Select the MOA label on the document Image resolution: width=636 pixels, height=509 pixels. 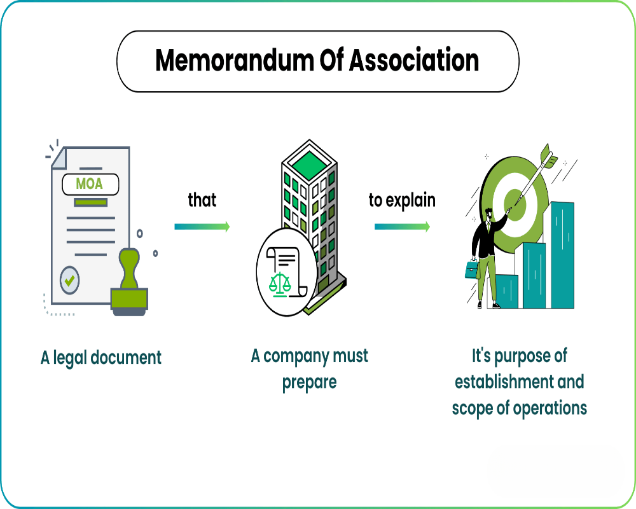(x=89, y=185)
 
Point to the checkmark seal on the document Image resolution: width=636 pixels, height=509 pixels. (x=69, y=279)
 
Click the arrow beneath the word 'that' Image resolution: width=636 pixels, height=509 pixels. (x=202, y=227)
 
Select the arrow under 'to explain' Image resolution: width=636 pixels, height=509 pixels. (x=402, y=227)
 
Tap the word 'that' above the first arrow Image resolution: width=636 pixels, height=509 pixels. (x=202, y=200)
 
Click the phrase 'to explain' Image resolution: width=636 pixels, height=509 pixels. (x=402, y=200)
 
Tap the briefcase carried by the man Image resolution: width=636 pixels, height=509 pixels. (x=471, y=269)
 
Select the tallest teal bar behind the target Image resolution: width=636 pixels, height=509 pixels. (x=562, y=254)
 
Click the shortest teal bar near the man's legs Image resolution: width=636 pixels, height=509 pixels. (x=507, y=291)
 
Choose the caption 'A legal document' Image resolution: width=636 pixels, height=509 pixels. (x=101, y=358)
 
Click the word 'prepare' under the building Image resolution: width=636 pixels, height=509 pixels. (x=310, y=382)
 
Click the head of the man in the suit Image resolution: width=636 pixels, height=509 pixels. (x=488, y=213)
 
